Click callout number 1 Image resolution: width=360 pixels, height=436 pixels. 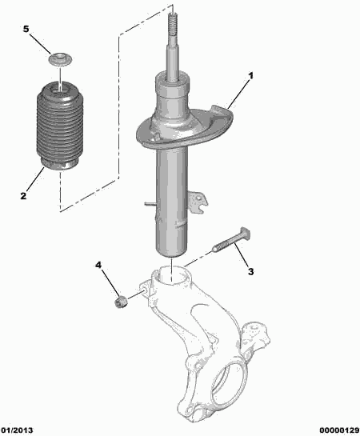tap(250, 76)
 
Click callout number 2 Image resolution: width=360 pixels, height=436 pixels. tap(23, 196)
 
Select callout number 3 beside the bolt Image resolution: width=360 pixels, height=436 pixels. tap(250, 271)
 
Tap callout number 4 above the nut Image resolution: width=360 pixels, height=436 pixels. tap(98, 266)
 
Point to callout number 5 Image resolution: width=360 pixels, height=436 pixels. tap(26, 29)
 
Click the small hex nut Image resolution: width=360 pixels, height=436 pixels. tap(121, 302)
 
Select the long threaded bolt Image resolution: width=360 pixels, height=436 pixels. tap(231, 239)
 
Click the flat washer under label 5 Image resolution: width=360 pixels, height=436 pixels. tap(60, 59)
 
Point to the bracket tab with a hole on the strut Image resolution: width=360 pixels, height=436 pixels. tap(198, 201)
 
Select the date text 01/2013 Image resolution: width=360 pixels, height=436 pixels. tap(17, 430)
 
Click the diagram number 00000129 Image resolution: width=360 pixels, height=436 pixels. tap(339, 430)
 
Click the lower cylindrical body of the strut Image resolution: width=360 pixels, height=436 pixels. tap(171, 200)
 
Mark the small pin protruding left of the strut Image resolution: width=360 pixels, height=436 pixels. tap(150, 204)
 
